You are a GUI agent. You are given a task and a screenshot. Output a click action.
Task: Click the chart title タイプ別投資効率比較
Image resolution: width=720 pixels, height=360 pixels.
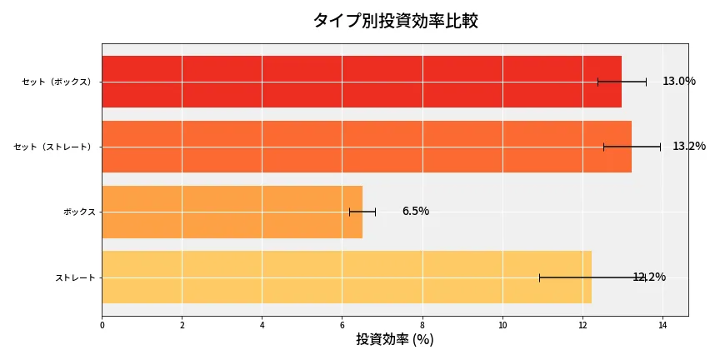click(x=395, y=21)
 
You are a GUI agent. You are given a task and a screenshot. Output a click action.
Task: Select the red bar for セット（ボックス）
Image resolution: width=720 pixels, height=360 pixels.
click(x=361, y=82)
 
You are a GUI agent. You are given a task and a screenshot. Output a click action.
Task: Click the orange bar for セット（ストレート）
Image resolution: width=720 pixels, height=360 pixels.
click(x=366, y=147)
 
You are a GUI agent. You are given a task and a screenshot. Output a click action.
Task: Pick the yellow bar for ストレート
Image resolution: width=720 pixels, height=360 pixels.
click(x=346, y=277)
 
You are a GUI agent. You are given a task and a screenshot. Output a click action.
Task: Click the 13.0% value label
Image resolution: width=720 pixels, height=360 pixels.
click(x=678, y=82)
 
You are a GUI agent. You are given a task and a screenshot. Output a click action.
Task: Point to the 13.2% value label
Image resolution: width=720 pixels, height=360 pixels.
click(x=688, y=147)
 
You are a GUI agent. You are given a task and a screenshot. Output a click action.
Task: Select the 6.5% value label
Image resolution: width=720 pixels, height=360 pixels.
click(x=415, y=212)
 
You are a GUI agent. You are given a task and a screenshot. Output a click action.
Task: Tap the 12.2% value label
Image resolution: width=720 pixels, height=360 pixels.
click(x=649, y=277)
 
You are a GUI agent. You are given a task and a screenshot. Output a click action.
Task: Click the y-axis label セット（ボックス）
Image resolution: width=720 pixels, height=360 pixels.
click(x=57, y=82)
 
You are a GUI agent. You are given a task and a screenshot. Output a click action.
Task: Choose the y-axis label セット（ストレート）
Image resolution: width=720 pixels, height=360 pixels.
click(x=53, y=147)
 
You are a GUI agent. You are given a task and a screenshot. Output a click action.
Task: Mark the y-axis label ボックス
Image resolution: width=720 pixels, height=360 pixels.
click(x=79, y=212)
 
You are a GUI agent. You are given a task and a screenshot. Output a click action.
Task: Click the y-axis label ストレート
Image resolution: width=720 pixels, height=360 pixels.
click(x=75, y=277)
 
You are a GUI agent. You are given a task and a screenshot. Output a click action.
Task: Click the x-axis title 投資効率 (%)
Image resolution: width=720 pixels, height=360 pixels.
click(x=394, y=340)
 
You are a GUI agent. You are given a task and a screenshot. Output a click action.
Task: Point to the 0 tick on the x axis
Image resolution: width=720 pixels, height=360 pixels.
click(x=102, y=325)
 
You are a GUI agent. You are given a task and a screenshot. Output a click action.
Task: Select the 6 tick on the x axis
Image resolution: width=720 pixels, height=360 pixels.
click(x=342, y=325)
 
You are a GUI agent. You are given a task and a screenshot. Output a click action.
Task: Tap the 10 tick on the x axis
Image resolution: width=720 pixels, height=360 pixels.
click(x=502, y=325)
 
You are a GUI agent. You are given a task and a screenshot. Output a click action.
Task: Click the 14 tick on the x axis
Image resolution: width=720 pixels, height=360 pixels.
click(x=662, y=325)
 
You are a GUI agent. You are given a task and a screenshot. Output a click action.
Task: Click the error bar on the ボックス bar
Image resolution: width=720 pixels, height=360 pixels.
click(x=362, y=212)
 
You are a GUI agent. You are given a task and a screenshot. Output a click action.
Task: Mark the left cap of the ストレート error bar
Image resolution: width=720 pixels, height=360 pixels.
click(x=539, y=277)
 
